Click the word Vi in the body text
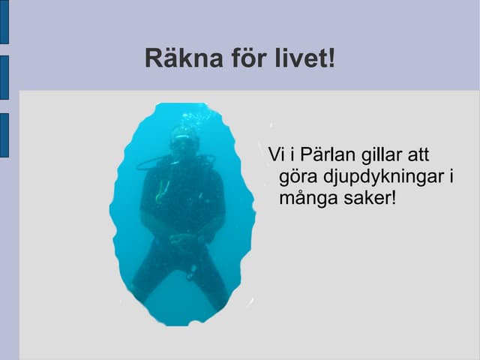(x=276, y=155)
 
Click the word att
(x=418, y=155)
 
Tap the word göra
(x=298, y=178)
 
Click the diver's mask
(x=181, y=142)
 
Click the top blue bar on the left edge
(x=4, y=22)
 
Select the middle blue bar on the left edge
(x=4, y=77)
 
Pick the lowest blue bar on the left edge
(x=4, y=135)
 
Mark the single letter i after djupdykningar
(x=451, y=177)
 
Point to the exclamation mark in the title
(x=331, y=58)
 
